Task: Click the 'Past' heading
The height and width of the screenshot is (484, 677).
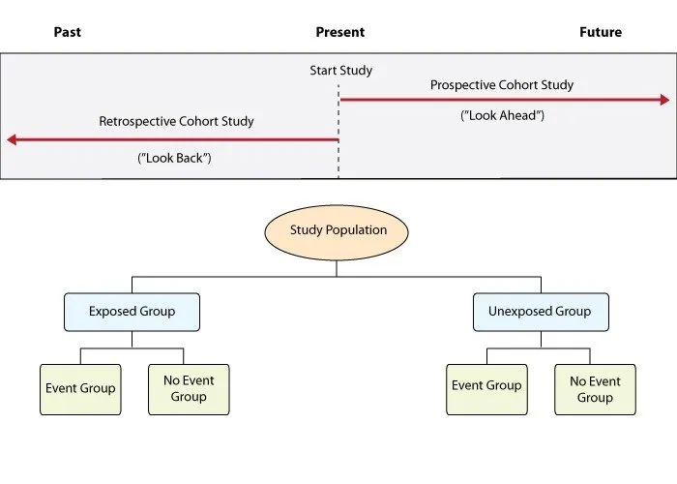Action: point(68,32)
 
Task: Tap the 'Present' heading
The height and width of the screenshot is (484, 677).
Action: point(339,32)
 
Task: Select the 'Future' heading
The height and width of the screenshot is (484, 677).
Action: point(601,32)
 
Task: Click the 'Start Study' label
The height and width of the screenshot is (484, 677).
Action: point(340,71)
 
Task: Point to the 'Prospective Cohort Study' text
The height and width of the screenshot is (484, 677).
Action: point(502,85)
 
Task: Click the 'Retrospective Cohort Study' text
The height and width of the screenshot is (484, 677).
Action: point(176,122)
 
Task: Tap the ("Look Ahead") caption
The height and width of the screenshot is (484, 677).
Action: point(502,115)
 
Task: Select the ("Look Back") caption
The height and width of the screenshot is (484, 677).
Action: point(174,157)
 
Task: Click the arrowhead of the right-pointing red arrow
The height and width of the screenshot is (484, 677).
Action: point(663,100)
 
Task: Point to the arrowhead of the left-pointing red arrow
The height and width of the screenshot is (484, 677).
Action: point(13,139)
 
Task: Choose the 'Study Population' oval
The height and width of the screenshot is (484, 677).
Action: point(338,230)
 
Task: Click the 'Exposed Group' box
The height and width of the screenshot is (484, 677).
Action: point(132,312)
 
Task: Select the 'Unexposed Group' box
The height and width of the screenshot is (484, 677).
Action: point(541,312)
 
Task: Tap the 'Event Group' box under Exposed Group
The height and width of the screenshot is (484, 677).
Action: point(80,389)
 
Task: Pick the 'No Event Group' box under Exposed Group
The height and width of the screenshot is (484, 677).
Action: point(189,389)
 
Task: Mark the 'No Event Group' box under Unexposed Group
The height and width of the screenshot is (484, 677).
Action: point(595,389)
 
